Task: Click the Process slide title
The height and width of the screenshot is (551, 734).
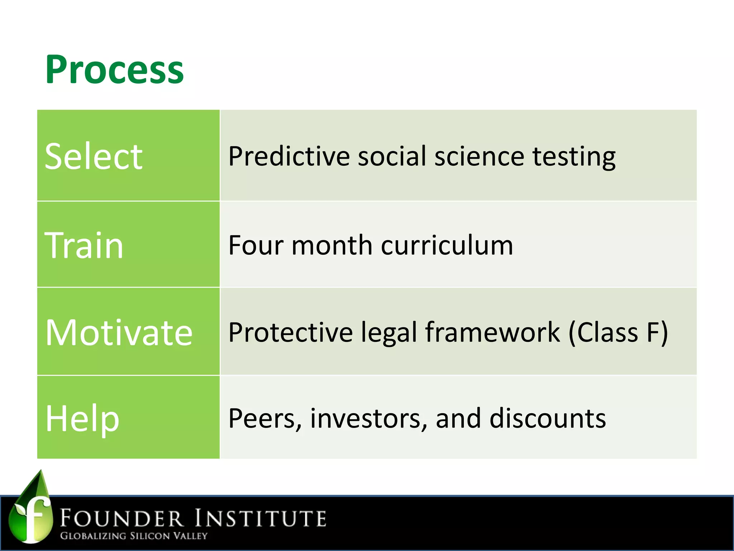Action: click(114, 70)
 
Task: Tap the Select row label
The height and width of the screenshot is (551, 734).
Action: click(94, 156)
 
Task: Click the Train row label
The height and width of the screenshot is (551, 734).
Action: click(84, 245)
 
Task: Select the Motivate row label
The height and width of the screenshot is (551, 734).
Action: click(119, 333)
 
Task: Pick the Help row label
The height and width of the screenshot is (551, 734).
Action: click(82, 418)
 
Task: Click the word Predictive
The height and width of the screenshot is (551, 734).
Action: click(289, 156)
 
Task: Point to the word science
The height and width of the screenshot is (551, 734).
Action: click(479, 156)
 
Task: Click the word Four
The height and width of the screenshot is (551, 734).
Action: click(256, 245)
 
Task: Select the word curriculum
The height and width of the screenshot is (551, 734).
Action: click(447, 245)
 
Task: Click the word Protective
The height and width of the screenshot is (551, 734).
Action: click(290, 333)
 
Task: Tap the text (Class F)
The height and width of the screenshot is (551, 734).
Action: click(619, 333)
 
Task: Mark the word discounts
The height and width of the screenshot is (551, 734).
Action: click(548, 418)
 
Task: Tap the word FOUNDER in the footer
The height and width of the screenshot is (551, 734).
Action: click(121, 519)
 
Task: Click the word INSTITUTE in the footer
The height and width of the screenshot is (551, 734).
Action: click(261, 519)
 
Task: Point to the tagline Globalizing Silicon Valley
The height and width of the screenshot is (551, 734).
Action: click(134, 536)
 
